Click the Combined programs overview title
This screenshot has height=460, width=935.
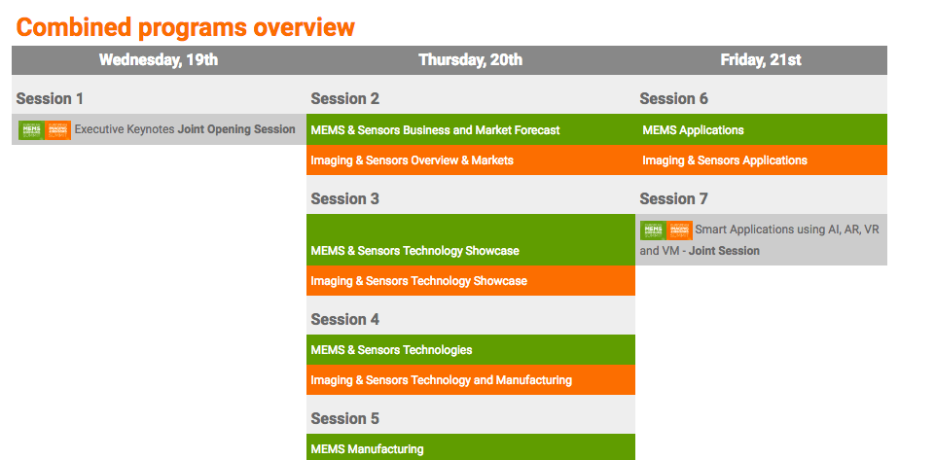click(186, 27)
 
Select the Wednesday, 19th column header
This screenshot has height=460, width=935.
click(159, 59)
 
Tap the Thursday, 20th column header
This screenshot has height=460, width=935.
click(471, 59)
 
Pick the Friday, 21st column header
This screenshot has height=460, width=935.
click(761, 59)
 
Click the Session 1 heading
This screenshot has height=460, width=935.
click(50, 98)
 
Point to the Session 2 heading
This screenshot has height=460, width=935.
click(344, 98)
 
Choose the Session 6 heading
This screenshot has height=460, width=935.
click(674, 98)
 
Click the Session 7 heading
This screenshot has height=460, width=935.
click(674, 198)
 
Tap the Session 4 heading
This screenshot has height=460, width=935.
click(344, 319)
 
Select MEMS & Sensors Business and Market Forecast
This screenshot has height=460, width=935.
click(435, 130)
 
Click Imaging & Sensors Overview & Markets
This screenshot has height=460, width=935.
click(413, 160)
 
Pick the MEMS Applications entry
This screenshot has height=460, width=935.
click(693, 130)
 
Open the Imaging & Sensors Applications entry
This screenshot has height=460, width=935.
click(725, 160)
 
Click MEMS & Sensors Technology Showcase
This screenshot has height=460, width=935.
click(415, 251)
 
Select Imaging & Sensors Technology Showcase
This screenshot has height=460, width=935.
click(418, 281)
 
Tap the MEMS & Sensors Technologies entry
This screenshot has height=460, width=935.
click(391, 350)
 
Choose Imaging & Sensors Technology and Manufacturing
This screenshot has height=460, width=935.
click(442, 380)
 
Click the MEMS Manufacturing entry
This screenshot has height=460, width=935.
click(367, 449)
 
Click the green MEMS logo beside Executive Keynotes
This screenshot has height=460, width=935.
click(31, 130)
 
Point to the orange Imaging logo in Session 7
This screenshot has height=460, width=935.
click(680, 230)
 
